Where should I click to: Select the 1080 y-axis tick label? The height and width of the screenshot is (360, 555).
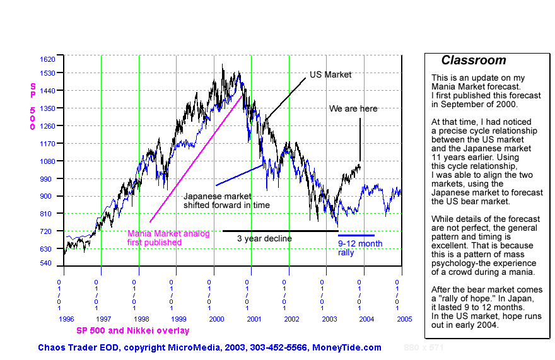tap(47, 161)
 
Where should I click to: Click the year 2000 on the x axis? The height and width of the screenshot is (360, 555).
tap(217, 319)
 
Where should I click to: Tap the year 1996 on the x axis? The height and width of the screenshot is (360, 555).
tap(66, 319)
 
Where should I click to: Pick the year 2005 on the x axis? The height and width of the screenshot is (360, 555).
tap(405, 319)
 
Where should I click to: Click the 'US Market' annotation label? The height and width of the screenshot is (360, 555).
tap(330, 74)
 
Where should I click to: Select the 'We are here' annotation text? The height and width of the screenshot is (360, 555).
tap(353, 108)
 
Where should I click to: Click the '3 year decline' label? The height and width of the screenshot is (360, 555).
tap(264, 238)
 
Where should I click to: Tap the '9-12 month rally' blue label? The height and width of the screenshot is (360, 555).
tap(360, 248)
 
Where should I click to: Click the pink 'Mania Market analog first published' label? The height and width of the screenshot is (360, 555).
tap(168, 238)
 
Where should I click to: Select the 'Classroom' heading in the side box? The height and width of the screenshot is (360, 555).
tap(473, 61)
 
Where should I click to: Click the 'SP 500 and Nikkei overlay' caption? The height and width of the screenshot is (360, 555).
tap(132, 330)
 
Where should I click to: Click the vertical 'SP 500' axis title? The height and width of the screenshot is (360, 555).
tap(33, 106)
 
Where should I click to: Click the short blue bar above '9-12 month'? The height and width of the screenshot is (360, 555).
tap(356, 235)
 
